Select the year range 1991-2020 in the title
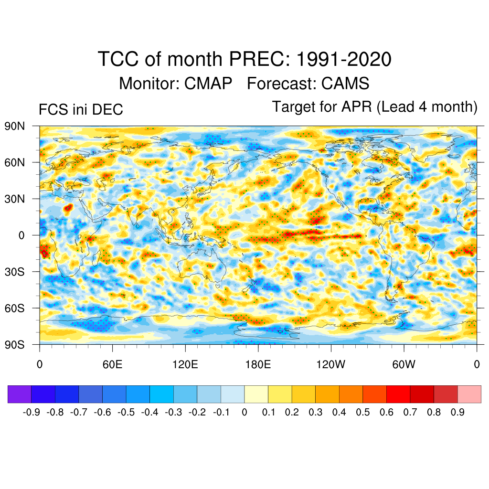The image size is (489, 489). click(x=344, y=60)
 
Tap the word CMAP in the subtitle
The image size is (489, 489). click(x=208, y=84)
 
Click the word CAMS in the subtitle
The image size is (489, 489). click(x=345, y=84)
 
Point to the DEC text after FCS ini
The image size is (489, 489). click(x=109, y=109)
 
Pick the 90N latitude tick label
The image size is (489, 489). click(x=15, y=126)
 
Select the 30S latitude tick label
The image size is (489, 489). click(x=15, y=272)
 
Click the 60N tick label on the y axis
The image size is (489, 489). click(x=15, y=162)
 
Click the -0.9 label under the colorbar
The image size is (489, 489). click(x=32, y=412)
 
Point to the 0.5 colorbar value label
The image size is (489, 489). click(x=363, y=412)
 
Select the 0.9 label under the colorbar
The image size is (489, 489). click(x=457, y=412)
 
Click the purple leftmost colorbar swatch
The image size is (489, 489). click(x=20, y=394)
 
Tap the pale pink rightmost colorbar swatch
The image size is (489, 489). click(x=469, y=394)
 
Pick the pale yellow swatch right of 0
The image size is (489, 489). click(x=256, y=394)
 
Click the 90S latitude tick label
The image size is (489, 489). click(x=15, y=344)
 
